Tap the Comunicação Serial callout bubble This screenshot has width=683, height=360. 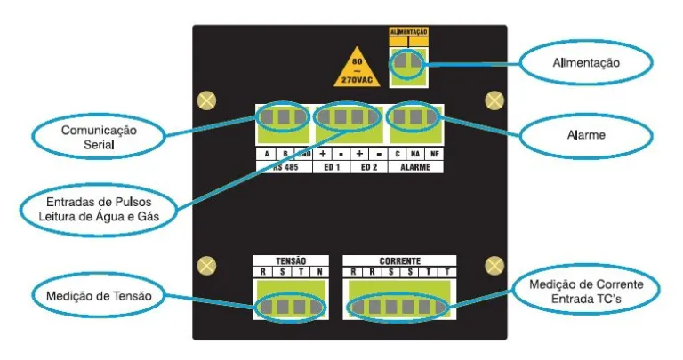(98, 135)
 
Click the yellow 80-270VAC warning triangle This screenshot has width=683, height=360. (357, 68)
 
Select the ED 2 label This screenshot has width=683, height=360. (368, 166)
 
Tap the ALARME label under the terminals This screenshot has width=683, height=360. (415, 166)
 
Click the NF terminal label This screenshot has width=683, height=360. (434, 154)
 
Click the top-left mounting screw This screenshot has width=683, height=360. (205, 98)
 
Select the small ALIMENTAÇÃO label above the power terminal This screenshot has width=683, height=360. (409, 32)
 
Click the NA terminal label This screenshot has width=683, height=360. (415, 154)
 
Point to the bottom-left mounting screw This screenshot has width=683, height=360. (205, 266)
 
